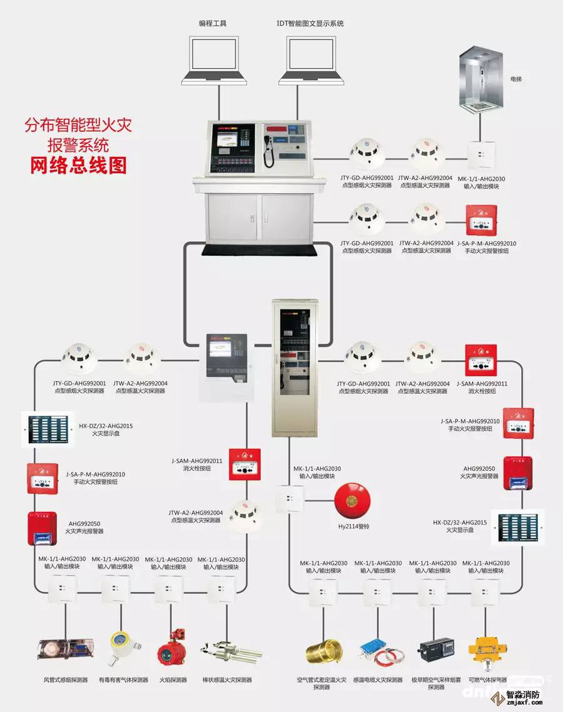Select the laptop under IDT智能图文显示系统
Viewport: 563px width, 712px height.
coord(310,60)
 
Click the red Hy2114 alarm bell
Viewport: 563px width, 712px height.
coord(349,501)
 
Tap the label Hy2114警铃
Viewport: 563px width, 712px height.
coord(353,527)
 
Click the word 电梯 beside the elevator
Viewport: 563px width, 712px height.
coord(516,79)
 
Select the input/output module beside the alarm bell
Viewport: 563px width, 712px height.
coord(289,499)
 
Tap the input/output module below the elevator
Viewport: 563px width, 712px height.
coord(481,152)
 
